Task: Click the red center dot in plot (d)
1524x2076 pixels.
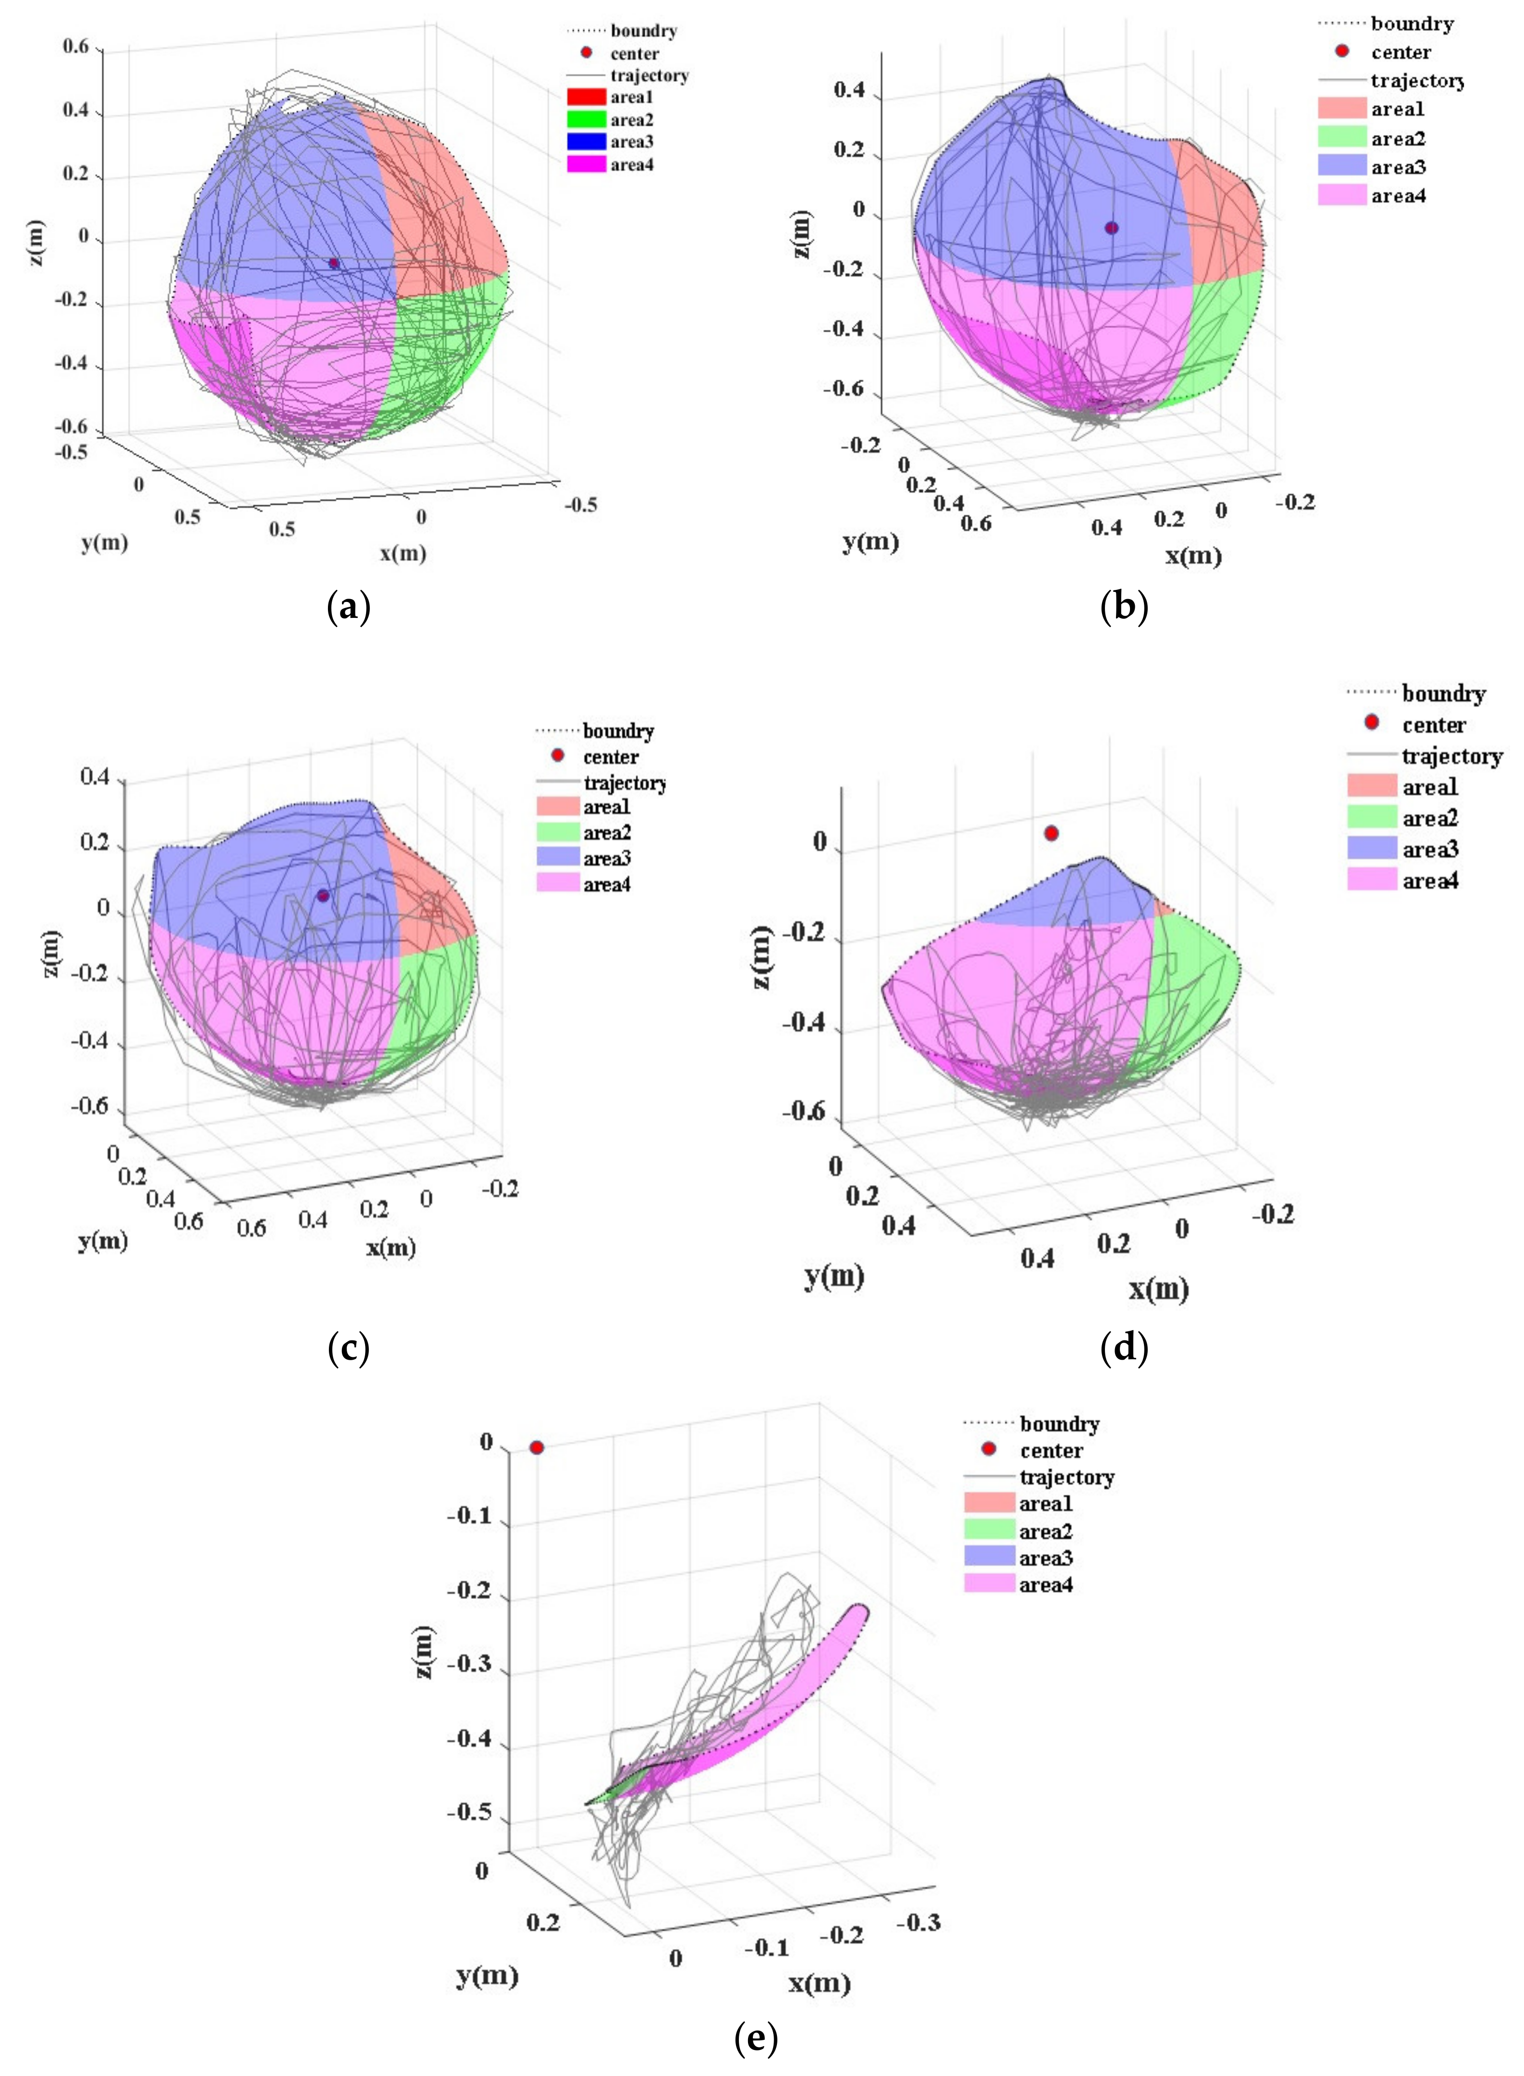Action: [1051, 833]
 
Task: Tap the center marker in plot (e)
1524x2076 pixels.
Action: [536, 1448]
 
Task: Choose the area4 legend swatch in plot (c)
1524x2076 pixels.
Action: [557, 884]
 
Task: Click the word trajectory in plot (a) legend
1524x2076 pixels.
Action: [649, 76]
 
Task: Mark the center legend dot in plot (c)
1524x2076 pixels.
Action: [557, 756]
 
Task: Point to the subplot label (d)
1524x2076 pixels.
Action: [1124, 1349]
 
